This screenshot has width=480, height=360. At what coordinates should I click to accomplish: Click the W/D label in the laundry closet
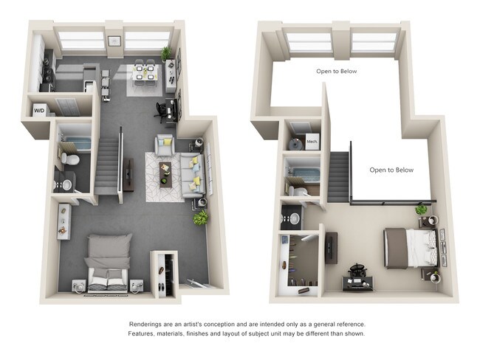[39, 111]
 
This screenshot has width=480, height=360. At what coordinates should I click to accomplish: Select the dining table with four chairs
[145, 73]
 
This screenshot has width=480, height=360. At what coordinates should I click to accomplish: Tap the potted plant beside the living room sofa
[200, 218]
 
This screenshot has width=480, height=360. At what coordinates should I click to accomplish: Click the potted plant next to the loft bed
[421, 210]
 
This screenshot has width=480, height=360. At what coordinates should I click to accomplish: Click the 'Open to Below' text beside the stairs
[391, 170]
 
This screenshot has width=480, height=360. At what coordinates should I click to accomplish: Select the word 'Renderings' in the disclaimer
[149, 324]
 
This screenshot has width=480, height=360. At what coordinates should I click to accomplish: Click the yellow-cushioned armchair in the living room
[165, 143]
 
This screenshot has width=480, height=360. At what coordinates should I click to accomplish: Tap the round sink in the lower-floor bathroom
[66, 184]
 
